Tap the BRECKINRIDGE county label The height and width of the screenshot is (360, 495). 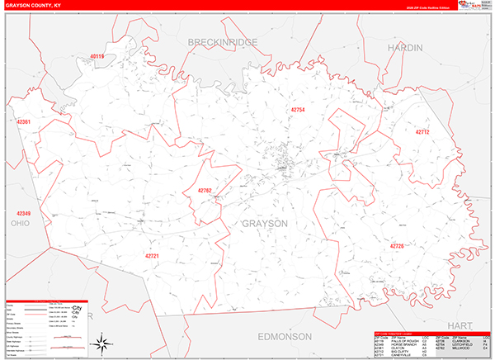(x=223, y=42)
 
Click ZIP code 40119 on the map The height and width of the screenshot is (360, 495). (x=97, y=57)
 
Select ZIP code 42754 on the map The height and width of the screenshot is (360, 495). (x=298, y=110)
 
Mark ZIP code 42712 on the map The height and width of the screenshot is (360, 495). (x=422, y=132)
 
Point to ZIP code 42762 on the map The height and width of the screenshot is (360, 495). (x=205, y=191)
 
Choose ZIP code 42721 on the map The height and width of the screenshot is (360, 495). (x=152, y=255)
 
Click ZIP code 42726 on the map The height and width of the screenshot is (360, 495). (x=397, y=246)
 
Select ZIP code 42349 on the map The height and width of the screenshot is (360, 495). (x=22, y=214)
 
